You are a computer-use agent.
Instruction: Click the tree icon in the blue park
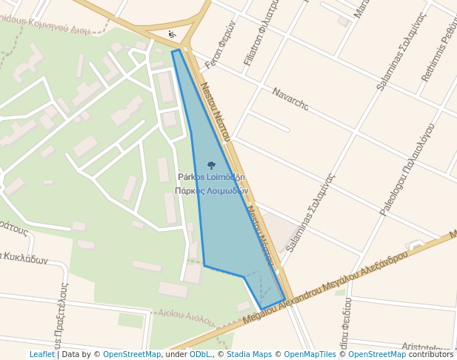click(x=211, y=166)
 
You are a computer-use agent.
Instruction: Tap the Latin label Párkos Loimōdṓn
click(x=211, y=178)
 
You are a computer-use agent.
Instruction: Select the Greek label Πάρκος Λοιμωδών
click(x=211, y=190)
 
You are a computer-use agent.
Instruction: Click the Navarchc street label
click(x=290, y=99)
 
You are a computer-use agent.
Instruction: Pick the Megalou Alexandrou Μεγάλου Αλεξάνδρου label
click(x=326, y=287)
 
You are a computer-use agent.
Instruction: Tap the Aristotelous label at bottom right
click(x=426, y=347)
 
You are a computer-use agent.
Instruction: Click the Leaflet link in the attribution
click(x=41, y=355)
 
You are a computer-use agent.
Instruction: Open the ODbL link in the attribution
click(x=201, y=355)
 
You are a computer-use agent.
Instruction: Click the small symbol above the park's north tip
click(x=172, y=35)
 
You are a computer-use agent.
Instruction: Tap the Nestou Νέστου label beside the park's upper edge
click(x=215, y=111)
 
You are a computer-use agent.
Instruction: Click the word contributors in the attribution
click(x=431, y=355)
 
